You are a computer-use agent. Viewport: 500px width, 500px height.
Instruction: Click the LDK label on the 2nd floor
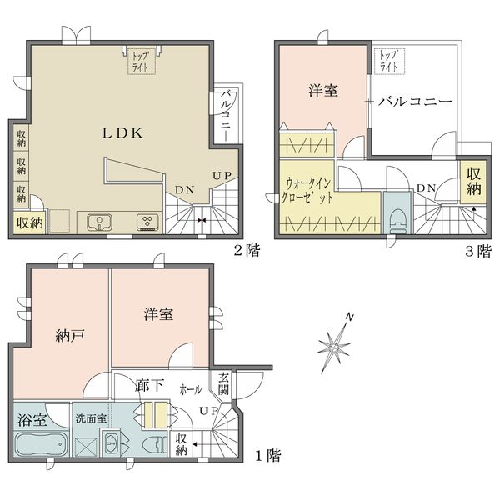(122, 133)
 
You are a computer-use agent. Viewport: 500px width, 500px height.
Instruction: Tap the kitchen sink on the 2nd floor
(100, 222)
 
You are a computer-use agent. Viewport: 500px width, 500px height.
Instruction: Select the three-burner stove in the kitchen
(147, 222)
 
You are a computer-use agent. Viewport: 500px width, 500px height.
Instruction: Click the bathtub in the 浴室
(41, 444)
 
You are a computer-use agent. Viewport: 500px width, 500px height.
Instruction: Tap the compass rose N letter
(350, 317)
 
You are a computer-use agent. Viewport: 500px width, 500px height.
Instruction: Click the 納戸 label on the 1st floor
(70, 336)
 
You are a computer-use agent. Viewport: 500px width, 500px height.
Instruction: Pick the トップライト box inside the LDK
(142, 62)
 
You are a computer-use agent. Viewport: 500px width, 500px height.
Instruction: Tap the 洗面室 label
(91, 418)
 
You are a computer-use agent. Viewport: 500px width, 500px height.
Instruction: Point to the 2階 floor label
(247, 250)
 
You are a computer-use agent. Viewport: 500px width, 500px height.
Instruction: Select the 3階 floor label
(478, 251)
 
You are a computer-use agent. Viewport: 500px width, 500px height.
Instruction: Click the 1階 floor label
(268, 455)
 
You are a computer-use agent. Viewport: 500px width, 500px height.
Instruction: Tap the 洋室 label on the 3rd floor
(323, 90)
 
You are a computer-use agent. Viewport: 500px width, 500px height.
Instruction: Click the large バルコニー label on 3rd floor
(415, 102)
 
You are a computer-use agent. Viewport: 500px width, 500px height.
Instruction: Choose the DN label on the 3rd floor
(427, 188)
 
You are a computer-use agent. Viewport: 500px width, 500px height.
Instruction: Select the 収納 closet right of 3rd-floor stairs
(473, 182)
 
